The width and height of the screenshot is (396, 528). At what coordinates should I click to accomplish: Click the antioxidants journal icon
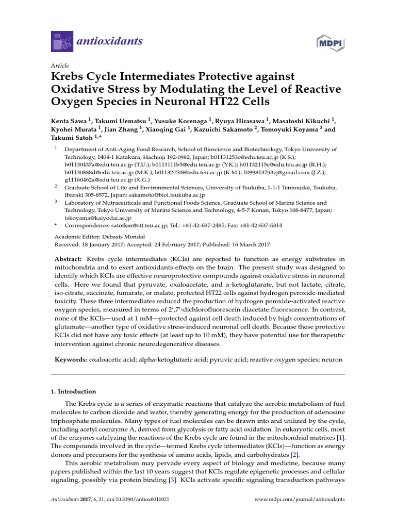click(61, 41)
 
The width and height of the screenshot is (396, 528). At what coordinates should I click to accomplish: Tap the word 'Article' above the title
click(60, 66)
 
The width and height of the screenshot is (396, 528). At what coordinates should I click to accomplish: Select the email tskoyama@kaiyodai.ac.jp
click(94, 218)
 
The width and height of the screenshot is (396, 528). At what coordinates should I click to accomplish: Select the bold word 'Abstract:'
click(68, 259)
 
